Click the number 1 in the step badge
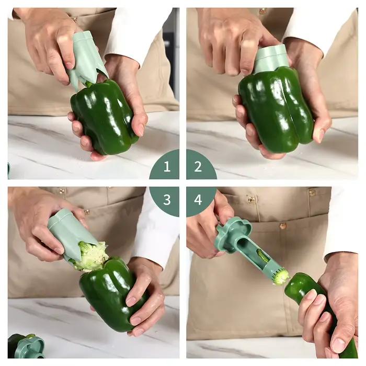167,167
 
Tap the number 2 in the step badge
198,167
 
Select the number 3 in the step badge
167,200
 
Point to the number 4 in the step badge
198,200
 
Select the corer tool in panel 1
87,60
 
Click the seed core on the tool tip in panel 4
282,277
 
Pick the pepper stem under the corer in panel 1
88,84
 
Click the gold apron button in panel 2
262,11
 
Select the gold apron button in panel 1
74,20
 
